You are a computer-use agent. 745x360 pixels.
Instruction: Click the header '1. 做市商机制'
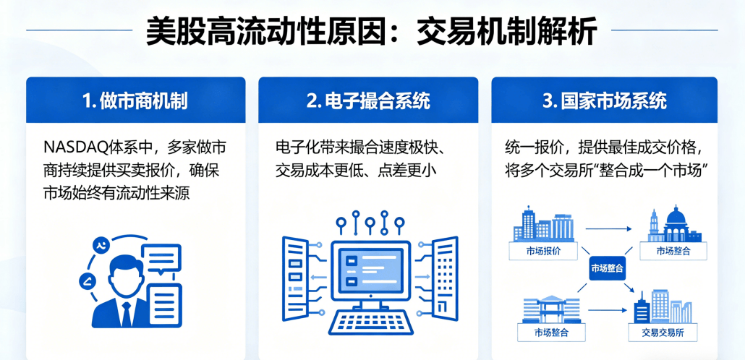tap(135, 100)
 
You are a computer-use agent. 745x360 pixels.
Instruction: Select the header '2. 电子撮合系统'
tap(368, 100)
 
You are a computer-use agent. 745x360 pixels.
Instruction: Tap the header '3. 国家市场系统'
tap(604, 100)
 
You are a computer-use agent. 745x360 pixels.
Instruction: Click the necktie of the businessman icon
tap(127, 312)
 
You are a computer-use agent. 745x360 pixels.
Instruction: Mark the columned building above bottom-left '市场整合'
tap(548, 309)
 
